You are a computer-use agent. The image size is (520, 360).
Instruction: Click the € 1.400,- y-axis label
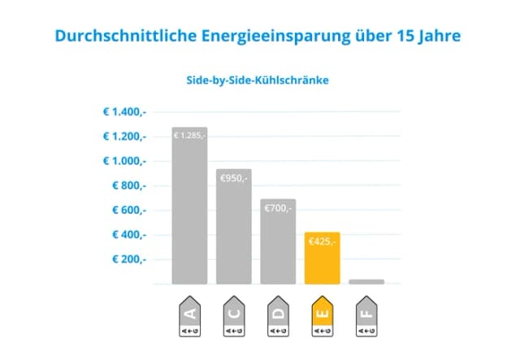click(x=123, y=111)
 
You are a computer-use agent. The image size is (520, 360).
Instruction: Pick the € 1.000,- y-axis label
click(x=123, y=161)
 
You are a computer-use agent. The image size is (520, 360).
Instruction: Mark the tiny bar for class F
click(x=366, y=281)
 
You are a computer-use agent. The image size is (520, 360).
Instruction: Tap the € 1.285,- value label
click(x=189, y=136)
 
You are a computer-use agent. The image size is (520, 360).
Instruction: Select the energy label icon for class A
click(x=189, y=316)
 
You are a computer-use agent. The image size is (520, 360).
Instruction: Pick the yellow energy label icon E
click(x=322, y=316)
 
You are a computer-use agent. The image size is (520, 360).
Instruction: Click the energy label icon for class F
click(x=366, y=316)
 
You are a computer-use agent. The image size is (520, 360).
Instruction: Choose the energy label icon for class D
click(x=278, y=316)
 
